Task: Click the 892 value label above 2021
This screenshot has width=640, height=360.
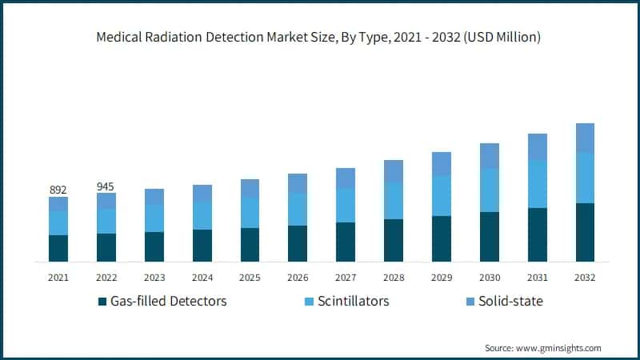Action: [58, 190]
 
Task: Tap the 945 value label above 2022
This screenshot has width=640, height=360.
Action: [106, 186]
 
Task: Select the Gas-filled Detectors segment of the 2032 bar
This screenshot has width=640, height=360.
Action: [585, 232]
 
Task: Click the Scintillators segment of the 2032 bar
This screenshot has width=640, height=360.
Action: [585, 178]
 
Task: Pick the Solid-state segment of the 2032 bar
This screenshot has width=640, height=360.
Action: [585, 138]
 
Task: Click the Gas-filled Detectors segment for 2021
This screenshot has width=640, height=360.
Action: [58, 248]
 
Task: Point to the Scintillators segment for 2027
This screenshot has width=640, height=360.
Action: [346, 205]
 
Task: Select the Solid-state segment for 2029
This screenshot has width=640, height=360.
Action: [442, 164]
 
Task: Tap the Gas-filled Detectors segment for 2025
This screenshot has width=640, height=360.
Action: [250, 244]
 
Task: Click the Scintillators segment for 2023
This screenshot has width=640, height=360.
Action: [154, 218]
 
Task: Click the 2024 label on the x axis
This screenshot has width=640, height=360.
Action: [202, 277]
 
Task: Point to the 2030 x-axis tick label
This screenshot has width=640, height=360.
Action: [490, 277]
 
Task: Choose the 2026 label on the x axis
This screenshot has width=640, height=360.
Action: [298, 277]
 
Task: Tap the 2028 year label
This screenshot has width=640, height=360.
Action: [394, 277]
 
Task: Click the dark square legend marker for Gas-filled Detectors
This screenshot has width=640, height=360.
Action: [102, 302]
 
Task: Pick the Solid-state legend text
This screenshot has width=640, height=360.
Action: [510, 301]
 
